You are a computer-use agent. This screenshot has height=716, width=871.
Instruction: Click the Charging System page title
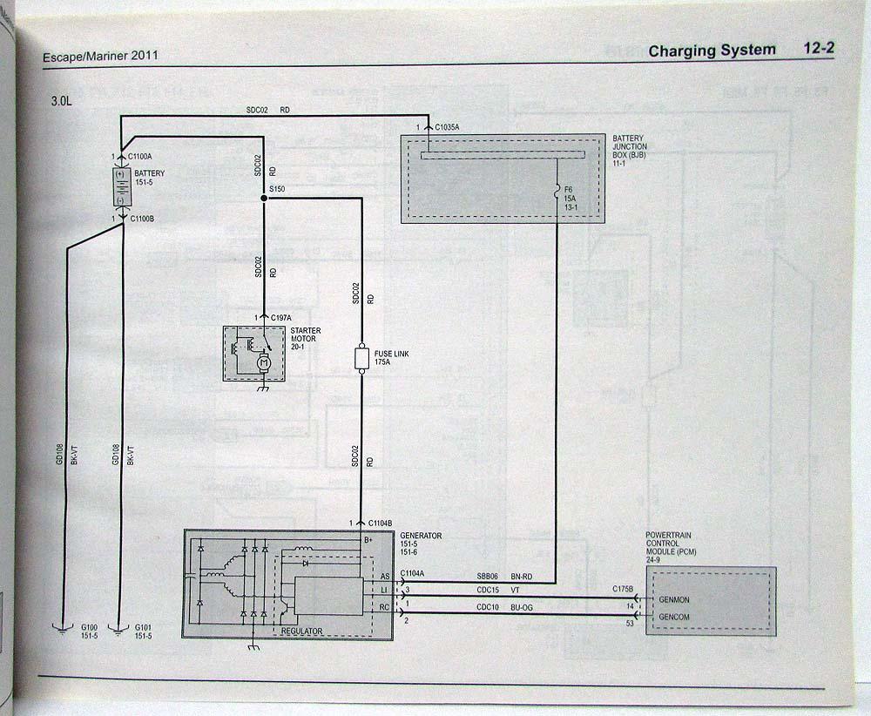[712, 51]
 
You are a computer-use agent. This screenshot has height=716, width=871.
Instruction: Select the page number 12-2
[819, 49]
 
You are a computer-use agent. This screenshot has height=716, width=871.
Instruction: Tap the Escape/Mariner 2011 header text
[100, 57]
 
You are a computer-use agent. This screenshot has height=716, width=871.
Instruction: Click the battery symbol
[120, 186]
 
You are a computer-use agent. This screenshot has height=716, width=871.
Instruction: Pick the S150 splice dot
[264, 199]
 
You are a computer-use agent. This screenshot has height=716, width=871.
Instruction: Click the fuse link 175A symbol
[361, 358]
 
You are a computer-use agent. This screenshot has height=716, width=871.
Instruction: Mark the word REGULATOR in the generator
[301, 632]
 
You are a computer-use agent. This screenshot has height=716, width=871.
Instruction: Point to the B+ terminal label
[368, 540]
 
